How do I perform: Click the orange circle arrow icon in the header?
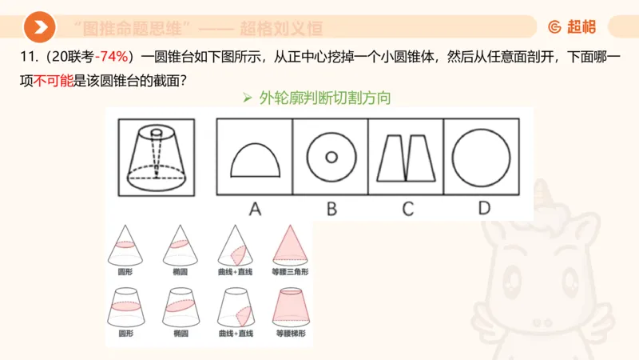click(x=39, y=28)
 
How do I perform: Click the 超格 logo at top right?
click(x=572, y=27)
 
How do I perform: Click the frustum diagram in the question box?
click(x=156, y=156)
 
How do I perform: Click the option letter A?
click(x=255, y=209)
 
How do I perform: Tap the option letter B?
click(x=331, y=209)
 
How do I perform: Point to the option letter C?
click(x=407, y=209)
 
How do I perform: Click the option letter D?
click(x=483, y=209)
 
